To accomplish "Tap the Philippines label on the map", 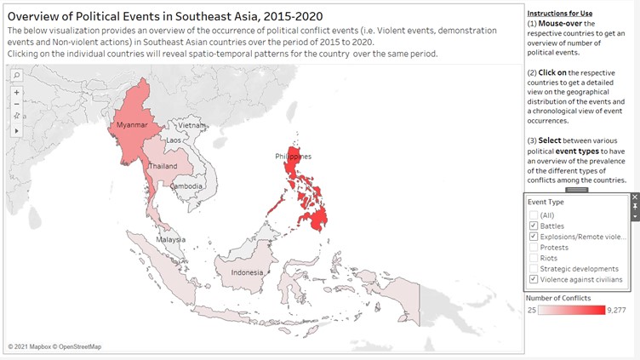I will [x=293, y=157].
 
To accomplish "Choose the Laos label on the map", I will [x=174, y=140].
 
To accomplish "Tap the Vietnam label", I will [x=192, y=125].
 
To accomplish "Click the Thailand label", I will [x=164, y=166].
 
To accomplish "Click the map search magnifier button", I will [x=16, y=75].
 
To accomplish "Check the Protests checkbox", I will [x=533, y=248].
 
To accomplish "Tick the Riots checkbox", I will [x=533, y=258].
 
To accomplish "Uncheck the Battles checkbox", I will [x=533, y=226].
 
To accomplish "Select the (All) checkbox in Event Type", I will [x=533, y=214].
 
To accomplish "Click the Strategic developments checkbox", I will [x=533, y=269].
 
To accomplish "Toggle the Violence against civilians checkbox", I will [x=533, y=279].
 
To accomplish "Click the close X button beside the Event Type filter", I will [x=634, y=197].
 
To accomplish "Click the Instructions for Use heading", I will [x=560, y=14].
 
